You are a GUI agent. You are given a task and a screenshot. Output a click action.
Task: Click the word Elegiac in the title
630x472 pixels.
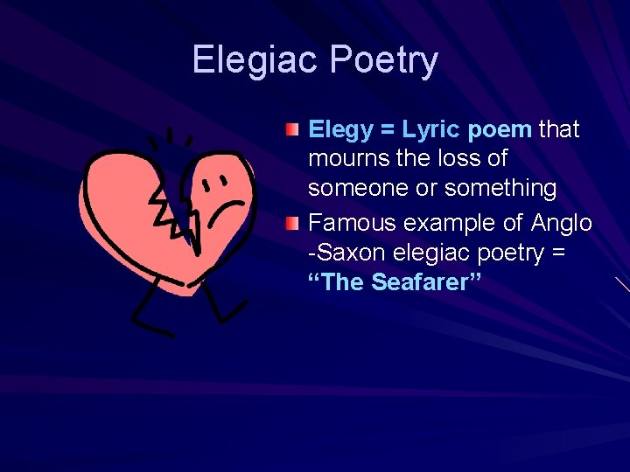point(256,60)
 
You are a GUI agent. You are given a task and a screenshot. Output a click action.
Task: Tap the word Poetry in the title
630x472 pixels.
point(384,60)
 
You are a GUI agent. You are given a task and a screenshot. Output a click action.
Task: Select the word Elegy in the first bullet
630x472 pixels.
point(340,130)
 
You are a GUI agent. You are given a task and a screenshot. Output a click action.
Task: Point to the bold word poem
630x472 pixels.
point(500,130)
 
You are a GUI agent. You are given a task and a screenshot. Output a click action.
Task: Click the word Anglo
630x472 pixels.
point(561,224)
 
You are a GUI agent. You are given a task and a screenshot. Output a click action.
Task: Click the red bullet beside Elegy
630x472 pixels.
point(291,130)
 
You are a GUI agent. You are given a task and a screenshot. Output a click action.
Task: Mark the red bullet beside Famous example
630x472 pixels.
point(291,224)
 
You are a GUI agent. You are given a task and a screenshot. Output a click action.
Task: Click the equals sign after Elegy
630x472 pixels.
point(386,130)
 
